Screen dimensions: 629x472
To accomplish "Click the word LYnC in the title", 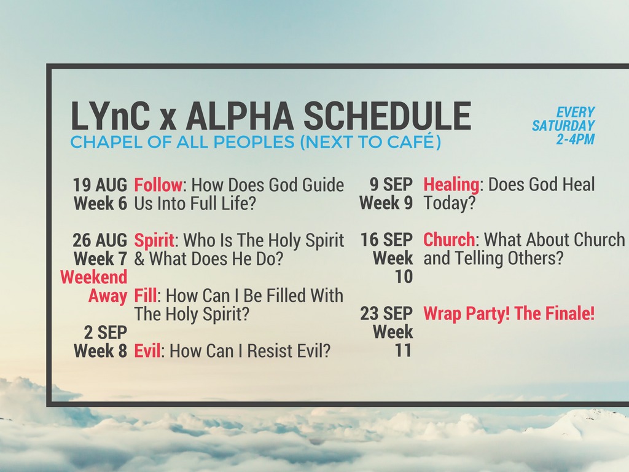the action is click(111, 116).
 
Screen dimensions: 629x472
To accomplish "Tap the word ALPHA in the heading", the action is click(240, 116).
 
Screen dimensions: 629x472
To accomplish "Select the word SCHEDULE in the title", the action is click(387, 116).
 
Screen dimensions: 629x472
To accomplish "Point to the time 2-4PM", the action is click(575, 140).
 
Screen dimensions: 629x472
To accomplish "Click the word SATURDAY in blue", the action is click(563, 125).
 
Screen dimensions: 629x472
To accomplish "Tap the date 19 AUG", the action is click(100, 185).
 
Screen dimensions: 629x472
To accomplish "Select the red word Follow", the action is click(158, 185).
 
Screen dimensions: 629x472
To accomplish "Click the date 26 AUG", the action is click(100, 240).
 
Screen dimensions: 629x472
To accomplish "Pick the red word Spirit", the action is click(154, 241).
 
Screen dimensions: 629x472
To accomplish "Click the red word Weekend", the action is click(94, 277).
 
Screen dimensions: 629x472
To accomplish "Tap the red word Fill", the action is click(145, 296).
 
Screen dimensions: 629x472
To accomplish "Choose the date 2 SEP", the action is click(106, 332).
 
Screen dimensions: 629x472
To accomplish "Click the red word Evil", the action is click(147, 351).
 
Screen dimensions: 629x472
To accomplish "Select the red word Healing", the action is click(451, 185).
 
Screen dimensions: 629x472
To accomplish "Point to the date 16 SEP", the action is click(386, 240).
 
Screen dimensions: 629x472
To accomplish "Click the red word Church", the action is click(449, 240).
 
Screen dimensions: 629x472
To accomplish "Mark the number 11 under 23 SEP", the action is click(404, 351).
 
